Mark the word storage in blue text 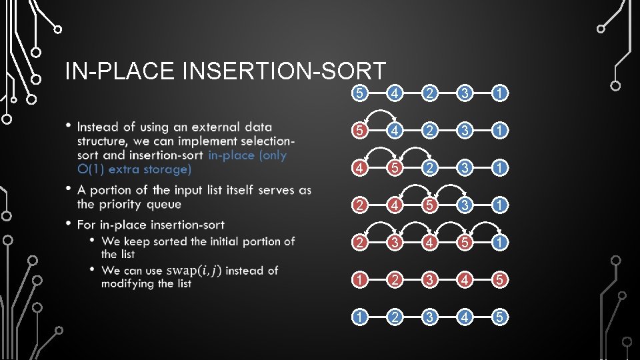[x=163, y=169]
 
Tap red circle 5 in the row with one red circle [x=360, y=130]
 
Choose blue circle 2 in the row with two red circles [x=429, y=167]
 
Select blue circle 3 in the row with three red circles [x=464, y=204]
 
